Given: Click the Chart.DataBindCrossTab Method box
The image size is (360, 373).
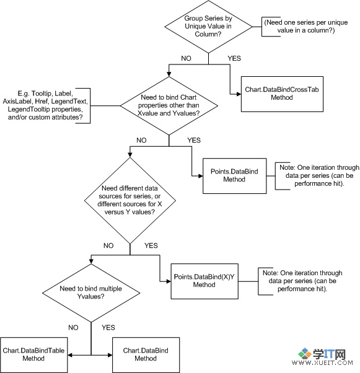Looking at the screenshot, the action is [x=282, y=94].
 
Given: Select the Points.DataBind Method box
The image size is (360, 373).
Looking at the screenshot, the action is [x=234, y=176].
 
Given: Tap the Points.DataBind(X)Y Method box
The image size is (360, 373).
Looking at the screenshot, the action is [x=204, y=281].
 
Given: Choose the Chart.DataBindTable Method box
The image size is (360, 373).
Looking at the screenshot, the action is [x=34, y=354].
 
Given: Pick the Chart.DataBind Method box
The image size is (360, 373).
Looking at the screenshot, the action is [x=146, y=354].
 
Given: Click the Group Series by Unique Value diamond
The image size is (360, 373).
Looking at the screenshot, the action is [x=208, y=27].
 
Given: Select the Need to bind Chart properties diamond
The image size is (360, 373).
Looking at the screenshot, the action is [x=169, y=106].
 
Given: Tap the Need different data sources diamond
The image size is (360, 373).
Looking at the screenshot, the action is [x=130, y=201].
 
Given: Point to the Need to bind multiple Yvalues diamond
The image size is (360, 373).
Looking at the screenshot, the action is [x=91, y=293].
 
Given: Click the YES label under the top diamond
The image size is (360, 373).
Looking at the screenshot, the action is [x=234, y=58].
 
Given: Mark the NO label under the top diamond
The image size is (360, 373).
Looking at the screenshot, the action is [x=186, y=58].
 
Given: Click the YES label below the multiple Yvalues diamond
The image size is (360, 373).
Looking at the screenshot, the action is [x=108, y=328].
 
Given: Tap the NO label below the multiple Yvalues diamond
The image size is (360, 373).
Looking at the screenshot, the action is [x=73, y=328].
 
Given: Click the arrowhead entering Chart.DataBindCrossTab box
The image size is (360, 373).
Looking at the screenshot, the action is [x=239, y=94].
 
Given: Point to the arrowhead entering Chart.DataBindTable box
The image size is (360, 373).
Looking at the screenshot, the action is [x=70, y=355].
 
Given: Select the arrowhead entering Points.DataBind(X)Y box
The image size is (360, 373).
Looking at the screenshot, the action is [x=169, y=281].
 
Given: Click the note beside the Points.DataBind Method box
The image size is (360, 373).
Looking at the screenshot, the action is [x=319, y=175].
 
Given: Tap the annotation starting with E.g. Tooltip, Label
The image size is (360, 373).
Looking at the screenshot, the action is [x=45, y=105].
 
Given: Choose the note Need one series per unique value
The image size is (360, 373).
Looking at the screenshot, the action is [x=306, y=26].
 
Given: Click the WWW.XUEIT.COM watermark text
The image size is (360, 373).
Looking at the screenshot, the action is [x=322, y=362].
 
